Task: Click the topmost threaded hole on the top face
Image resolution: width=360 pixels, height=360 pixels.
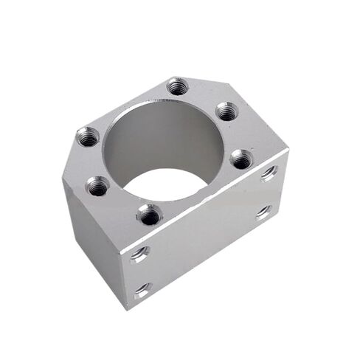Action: [176, 87]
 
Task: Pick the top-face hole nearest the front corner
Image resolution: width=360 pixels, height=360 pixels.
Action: [150, 215]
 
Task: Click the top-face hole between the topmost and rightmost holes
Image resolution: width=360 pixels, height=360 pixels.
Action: [226, 111]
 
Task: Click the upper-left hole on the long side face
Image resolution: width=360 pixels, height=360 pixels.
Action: [139, 254]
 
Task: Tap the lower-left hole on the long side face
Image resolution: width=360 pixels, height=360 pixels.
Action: [142, 288]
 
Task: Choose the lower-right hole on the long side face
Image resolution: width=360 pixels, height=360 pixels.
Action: [264, 213]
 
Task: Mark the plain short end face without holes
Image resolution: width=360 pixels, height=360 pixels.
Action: [89, 229]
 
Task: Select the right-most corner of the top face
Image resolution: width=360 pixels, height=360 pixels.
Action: [288, 152]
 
